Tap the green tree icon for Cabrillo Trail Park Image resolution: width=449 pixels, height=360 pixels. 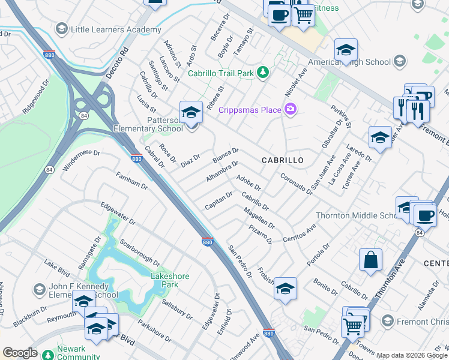click(x=262, y=73)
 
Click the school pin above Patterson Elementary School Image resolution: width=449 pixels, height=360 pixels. click(x=191, y=112)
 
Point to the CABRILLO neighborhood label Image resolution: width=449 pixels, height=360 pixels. click(x=282, y=160)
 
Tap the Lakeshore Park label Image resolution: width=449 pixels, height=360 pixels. click(x=170, y=280)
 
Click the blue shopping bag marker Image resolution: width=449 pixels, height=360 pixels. click(x=370, y=260)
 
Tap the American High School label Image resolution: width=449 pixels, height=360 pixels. click(x=349, y=62)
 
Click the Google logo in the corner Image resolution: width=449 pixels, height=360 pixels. click(x=20, y=353)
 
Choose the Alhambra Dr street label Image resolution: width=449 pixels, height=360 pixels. click(x=223, y=171)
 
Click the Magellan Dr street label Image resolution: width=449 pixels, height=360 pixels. click(x=259, y=217)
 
